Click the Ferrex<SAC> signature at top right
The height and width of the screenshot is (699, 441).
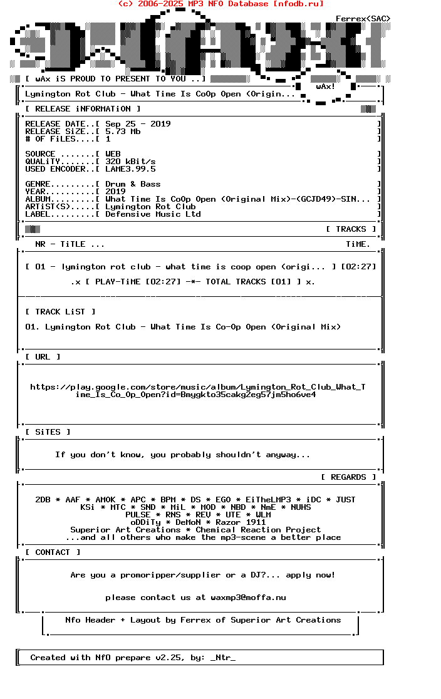(363, 19)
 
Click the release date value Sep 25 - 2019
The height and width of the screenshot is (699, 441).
(138, 124)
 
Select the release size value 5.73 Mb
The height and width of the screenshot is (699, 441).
(123, 132)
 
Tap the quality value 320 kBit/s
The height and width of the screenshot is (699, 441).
(130, 162)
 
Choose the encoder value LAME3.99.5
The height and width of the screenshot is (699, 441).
(130, 169)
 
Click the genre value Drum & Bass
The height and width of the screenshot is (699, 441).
(133, 184)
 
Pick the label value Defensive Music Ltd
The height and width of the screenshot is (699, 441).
(153, 214)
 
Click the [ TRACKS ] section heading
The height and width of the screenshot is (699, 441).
(351, 229)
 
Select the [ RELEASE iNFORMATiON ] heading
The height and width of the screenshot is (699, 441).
(83, 109)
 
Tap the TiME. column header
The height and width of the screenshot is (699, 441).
(358, 244)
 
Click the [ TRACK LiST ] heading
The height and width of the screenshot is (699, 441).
(60, 312)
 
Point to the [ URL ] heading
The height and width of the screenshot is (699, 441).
(43, 357)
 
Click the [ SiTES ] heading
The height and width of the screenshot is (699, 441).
(48, 432)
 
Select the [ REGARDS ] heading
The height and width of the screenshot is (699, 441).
(348, 477)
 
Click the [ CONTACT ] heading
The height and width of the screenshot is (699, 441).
(53, 552)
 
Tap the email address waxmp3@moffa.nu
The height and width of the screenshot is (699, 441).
(248, 598)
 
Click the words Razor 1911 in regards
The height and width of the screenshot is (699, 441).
(241, 522)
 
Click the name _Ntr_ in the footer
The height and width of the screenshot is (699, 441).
(223, 658)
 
